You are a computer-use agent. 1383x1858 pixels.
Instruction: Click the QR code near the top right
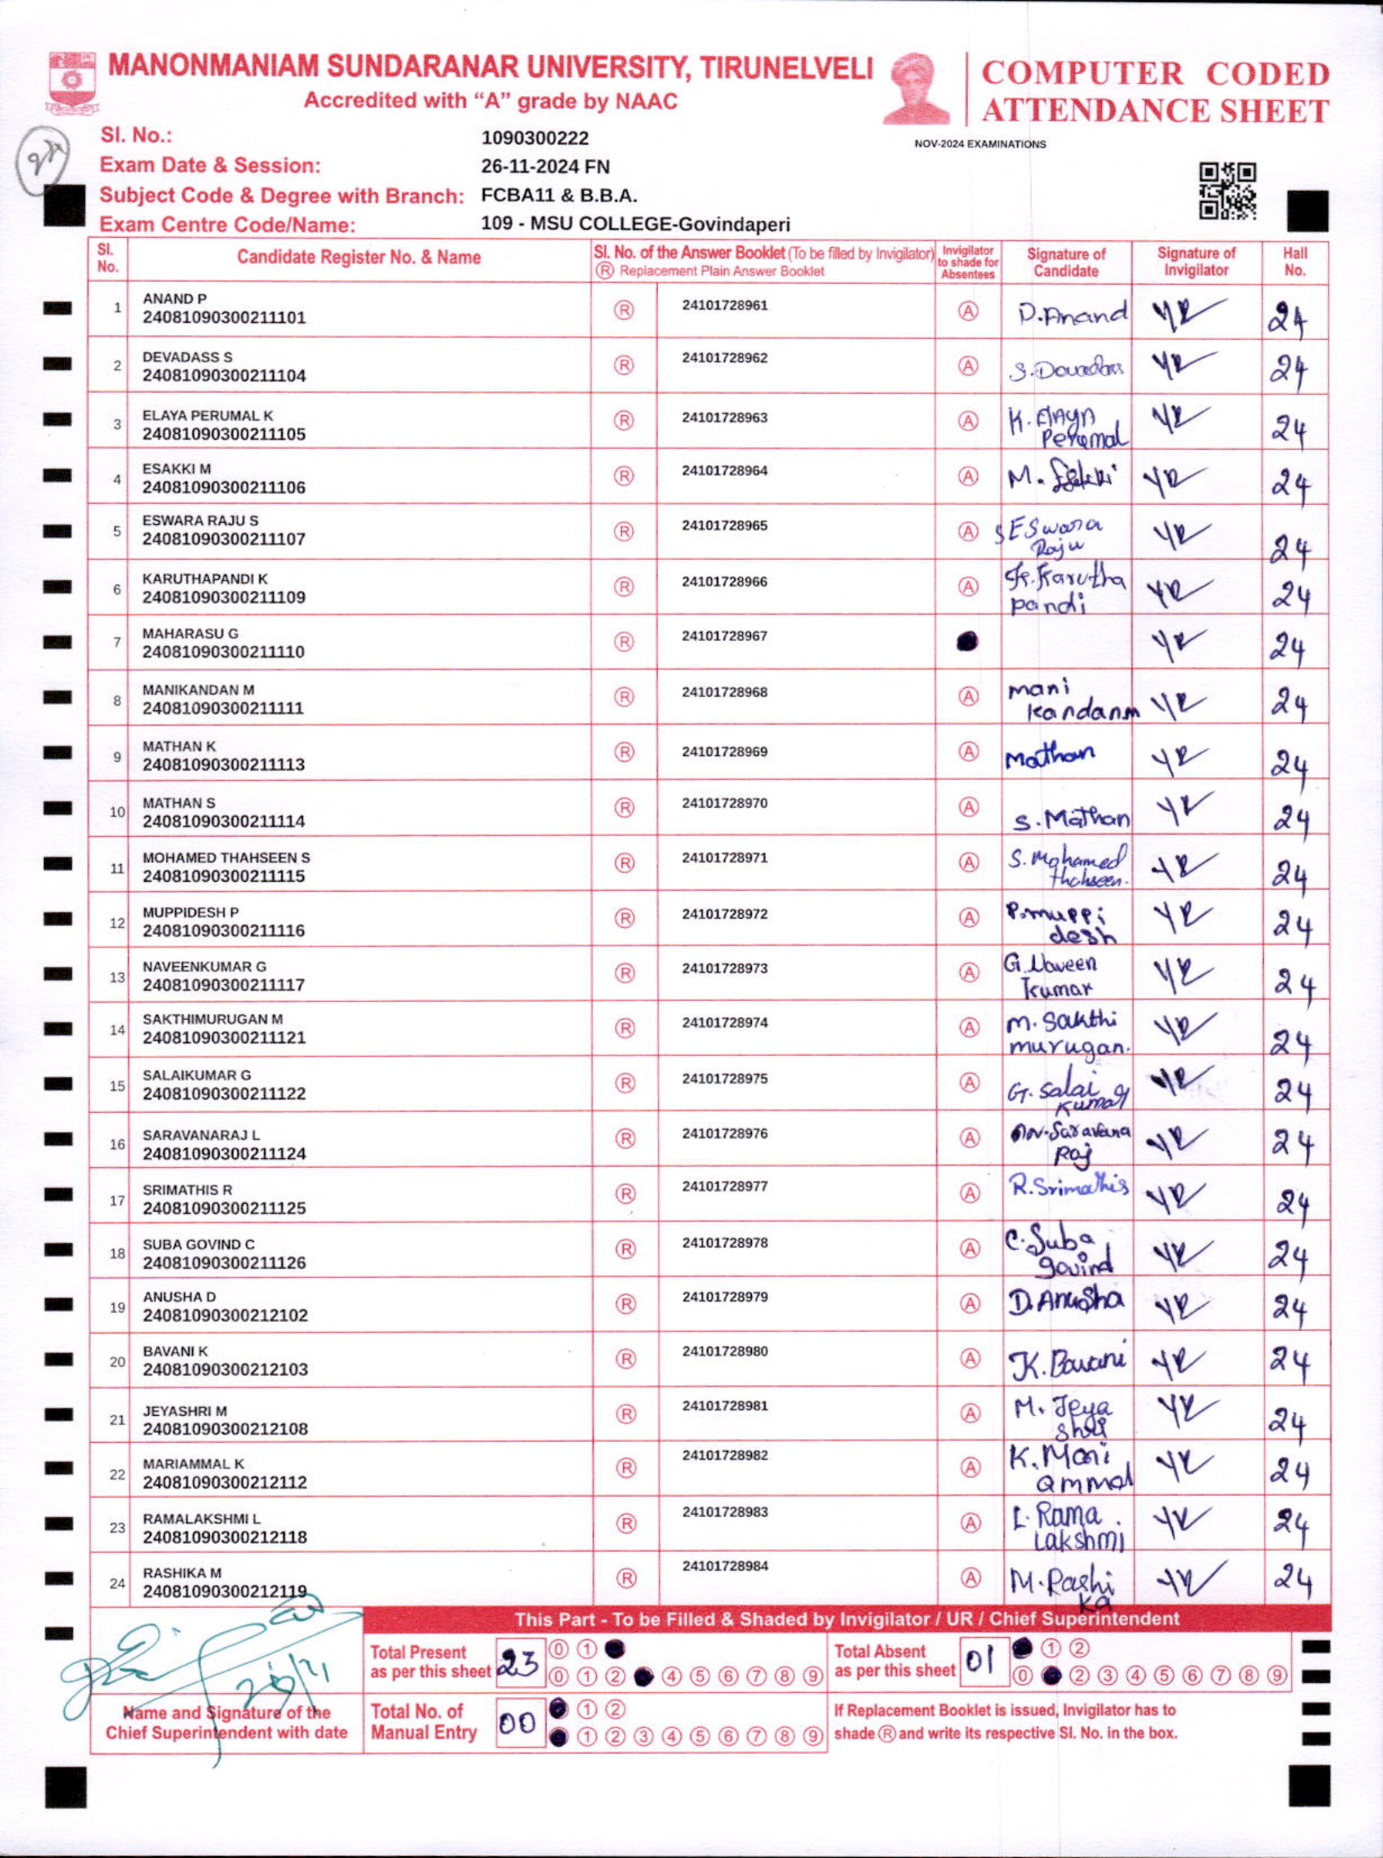(x=1227, y=190)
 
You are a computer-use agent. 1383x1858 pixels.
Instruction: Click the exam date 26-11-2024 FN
(x=545, y=167)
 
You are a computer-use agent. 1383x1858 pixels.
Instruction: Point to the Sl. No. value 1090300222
(x=535, y=138)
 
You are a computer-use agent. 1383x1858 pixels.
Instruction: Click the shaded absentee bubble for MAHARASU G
(x=967, y=641)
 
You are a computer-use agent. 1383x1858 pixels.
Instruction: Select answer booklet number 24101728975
(x=724, y=1079)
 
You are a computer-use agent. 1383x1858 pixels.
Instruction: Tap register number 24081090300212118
(x=224, y=1537)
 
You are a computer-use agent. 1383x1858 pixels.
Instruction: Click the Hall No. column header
(x=1295, y=261)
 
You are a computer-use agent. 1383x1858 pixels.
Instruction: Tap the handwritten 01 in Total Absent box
(x=980, y=1660)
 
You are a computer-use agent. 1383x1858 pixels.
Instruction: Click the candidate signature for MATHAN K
(x=1050, y=757)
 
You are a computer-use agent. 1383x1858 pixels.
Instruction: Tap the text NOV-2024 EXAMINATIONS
(x=979, y=144)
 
